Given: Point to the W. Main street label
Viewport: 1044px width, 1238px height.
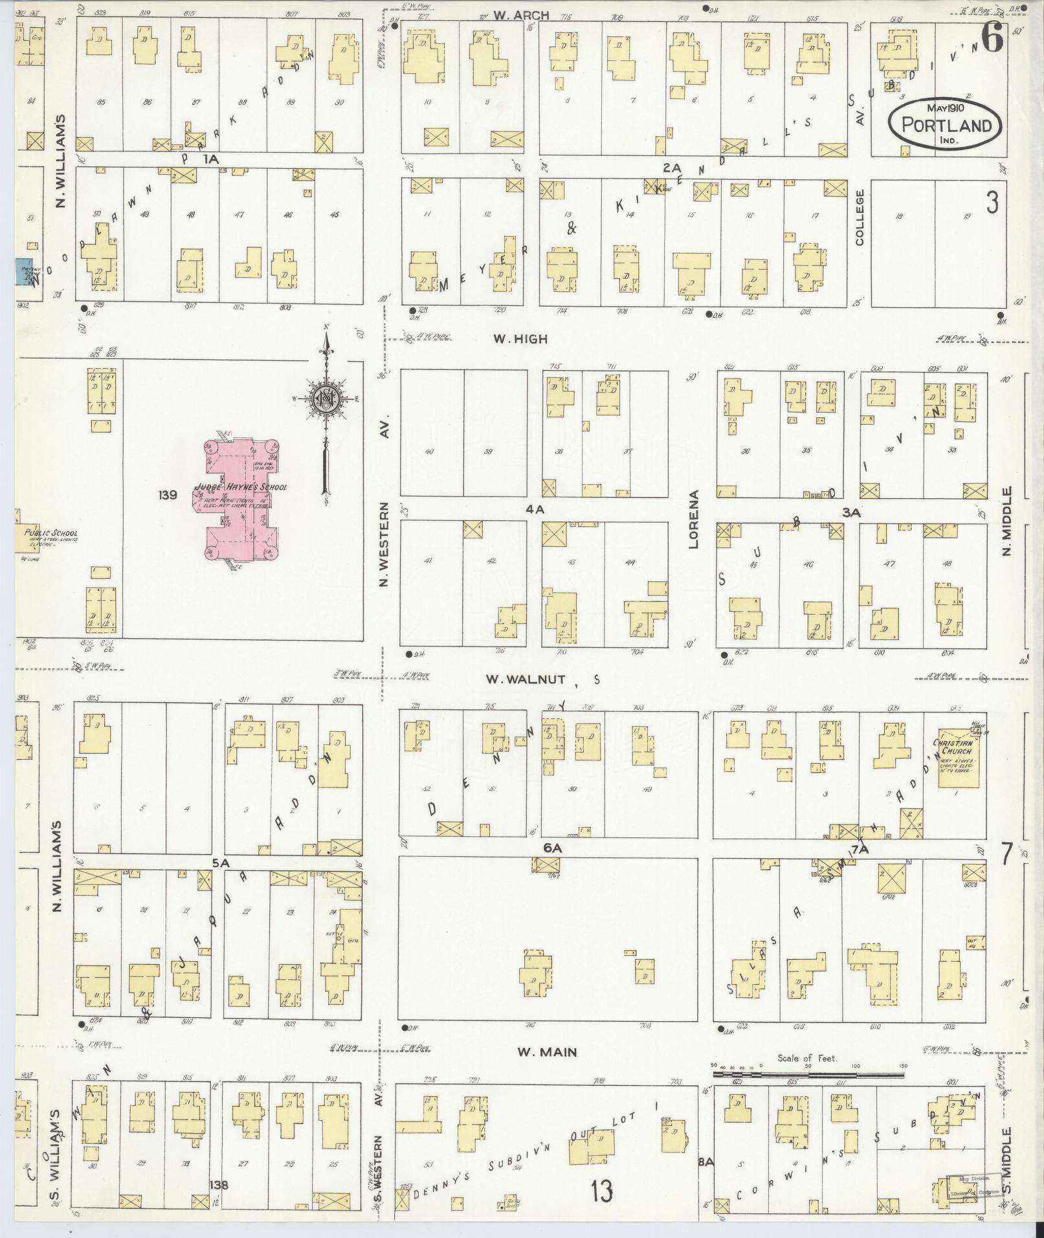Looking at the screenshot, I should click(x=547, y=1052).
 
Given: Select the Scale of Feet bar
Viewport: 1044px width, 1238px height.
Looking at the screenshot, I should click(x=808, y=1074).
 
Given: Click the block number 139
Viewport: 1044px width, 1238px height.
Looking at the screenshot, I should click(x=167, y=495).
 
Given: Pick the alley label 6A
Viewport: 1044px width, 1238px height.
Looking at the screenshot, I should click(x=552, y=848).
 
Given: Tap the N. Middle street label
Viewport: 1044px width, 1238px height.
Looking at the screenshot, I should click(x=1007, y=522).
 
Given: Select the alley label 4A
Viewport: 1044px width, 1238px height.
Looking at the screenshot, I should click(x=535, y=510).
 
